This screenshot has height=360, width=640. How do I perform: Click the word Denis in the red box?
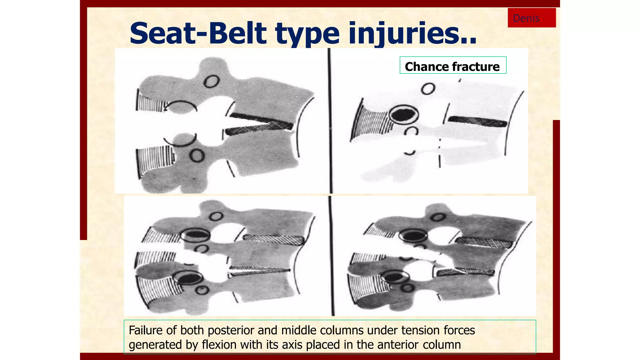click(x=526, y=18)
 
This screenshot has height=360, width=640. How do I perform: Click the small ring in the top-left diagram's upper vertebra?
click(x=212, y=82)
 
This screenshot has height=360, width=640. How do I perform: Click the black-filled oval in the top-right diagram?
click(x=403, y=115)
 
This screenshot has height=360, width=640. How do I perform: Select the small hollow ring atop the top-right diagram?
click(x=428, y=89)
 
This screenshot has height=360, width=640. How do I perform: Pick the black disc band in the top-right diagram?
click(x=477, y=121)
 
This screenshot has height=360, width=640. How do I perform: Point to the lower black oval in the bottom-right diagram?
click(x=395, y=277)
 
